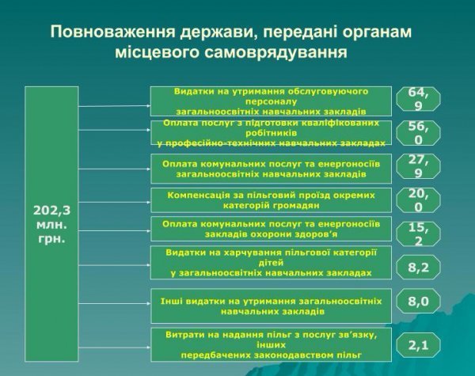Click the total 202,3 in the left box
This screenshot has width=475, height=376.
point(51,210)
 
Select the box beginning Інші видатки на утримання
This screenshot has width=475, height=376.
point(271,306)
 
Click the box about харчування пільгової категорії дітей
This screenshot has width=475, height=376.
point(271,262)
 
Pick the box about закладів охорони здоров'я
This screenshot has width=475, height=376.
point(271,229)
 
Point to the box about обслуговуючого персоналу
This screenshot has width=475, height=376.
point(271,101)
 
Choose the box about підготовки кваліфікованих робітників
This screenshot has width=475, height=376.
point(271,133)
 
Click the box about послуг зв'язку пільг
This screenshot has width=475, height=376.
point(271,344)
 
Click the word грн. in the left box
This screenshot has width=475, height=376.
point(51,237)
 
